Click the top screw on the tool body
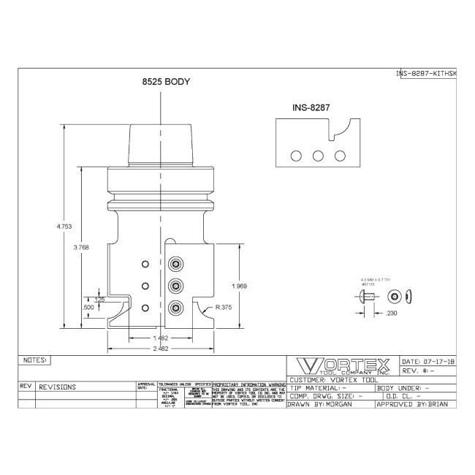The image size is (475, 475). point(175,264)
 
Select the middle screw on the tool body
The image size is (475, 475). point(175,285)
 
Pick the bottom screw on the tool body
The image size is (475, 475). point(175,307)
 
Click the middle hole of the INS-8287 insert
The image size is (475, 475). point(318,156)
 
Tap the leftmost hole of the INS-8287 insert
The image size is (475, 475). point(297,156)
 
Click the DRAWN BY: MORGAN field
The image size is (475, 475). point(329,403)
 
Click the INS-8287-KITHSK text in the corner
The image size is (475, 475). point(426,73)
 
